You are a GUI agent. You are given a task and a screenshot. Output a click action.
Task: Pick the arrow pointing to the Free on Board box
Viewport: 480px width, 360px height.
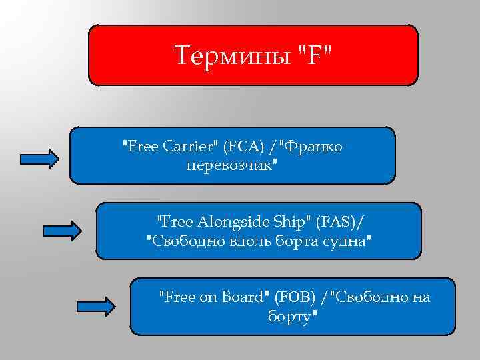tap(97, 307)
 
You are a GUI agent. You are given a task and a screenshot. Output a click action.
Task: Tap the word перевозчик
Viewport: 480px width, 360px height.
tap(230, 165)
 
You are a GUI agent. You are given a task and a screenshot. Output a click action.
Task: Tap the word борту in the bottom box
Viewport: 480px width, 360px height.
tap(289, 315)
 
